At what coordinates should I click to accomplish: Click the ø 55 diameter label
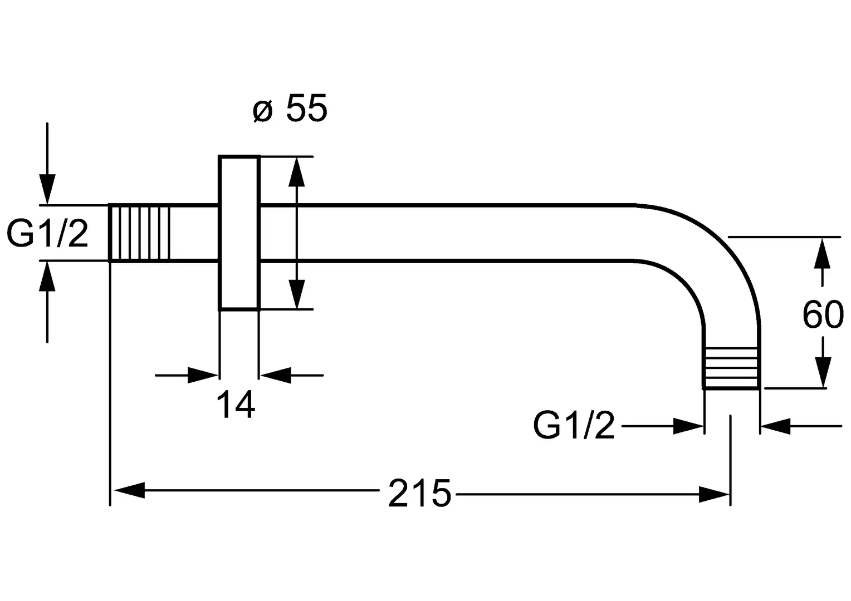(290, 108)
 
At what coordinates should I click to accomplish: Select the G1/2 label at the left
(47, 234)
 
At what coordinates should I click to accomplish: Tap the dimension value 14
(236, 405)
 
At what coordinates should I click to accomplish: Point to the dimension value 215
(419, 493)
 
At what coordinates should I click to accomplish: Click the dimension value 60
(823, 314)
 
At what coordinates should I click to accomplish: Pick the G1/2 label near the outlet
(574, 426)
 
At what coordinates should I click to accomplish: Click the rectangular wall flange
(239, 233)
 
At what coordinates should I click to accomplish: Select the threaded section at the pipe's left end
(139, 233)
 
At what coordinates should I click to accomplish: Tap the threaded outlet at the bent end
(731, 368)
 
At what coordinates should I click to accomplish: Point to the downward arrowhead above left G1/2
(47, 189)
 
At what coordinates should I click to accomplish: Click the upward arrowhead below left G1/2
(47, 277)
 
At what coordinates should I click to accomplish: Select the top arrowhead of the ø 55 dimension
(296, 171)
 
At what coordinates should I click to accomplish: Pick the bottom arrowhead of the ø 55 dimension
(296, 294)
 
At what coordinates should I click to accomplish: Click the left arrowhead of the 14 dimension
(203, 375)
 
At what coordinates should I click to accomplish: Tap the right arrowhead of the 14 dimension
(276, 375)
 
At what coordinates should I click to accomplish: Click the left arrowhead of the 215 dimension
(129, 490)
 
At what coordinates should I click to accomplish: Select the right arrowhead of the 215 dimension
(714, 494)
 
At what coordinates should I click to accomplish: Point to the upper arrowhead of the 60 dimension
(822, 254)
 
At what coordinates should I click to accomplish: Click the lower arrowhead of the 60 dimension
(822, 372)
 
